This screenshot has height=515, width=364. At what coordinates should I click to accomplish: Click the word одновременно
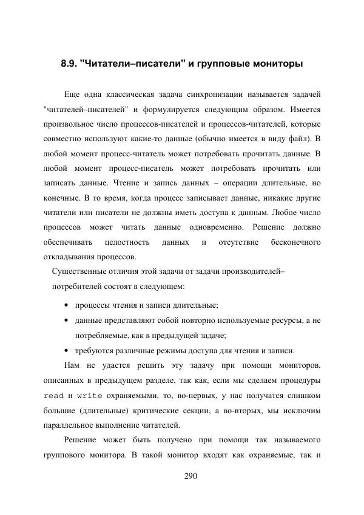pos(216,227)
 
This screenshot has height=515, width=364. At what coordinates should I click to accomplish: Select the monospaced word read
pos(53,395)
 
